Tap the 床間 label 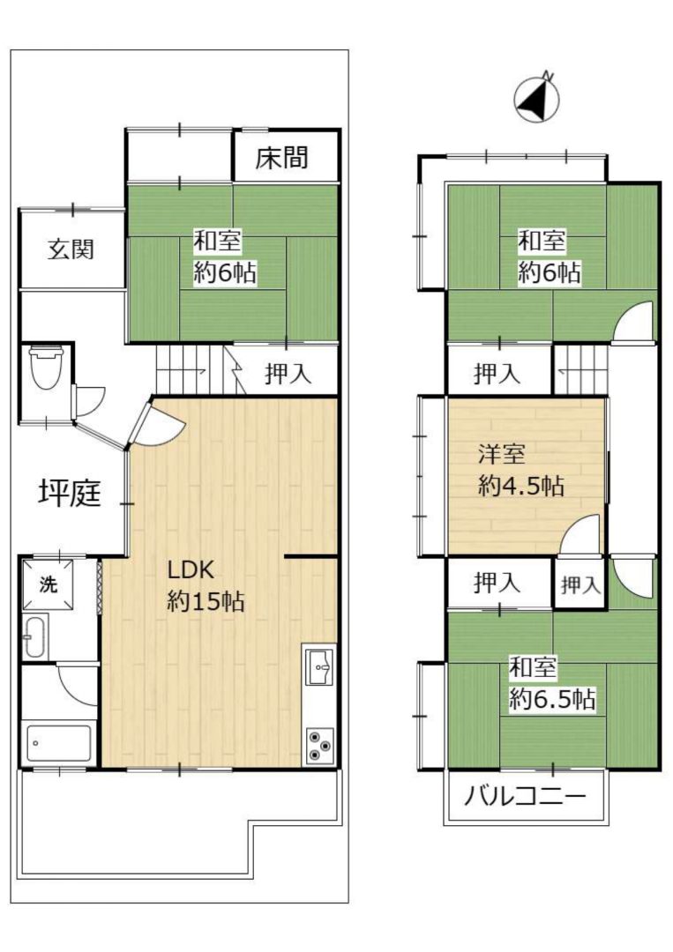click(x=282, y=158)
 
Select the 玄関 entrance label click(x=71, y=249)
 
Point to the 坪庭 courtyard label click(x=70, y=493)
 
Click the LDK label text click(x=191, y=570)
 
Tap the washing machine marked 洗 click(x=49, y=584)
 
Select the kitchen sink click(x=319, y=666)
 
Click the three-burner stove click(x=319, y=744)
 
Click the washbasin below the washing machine click(x=34, y=637)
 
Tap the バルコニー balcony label click(x=526, y=795)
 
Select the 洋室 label click(x=501, y=455)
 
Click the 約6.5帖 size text click(x=551, y=700)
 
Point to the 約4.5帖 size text click(x=521, y=487)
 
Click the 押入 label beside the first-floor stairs click(x=288, y=375)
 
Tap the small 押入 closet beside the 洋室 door click(x=580, y=585)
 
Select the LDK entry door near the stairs click(x=157, y=422)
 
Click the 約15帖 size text click(x=206, y=601)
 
